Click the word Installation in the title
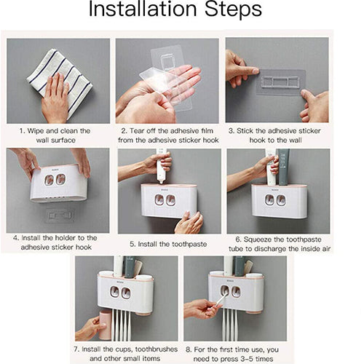pyautogui.click(x=143, y=9)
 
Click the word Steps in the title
pyautogui.click(x=233, y=9)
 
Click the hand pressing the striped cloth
pyautogui.click(x=55, y=99)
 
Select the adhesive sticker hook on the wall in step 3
pyautogui.click(x=281, y=82)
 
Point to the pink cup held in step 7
pyautogui.click(x=105, y=325)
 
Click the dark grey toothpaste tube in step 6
pyautogui.click(x=283, y=167)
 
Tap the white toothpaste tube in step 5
pyautogui.click(x=162, y=166)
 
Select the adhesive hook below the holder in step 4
pyautogui.click(x=60, y=215)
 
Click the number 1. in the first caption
pyautogui.click(x=23, y=131)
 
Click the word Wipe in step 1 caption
pyautogui.click(x=36, y=131)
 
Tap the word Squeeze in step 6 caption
pyautogui.click(x=258, y=240)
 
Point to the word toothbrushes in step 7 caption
pyautogui.click(x=157, y=349)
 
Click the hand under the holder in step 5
pyautogui.click(x=189, y=222)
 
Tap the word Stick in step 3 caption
pyautogui.click(x=245, y=131)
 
